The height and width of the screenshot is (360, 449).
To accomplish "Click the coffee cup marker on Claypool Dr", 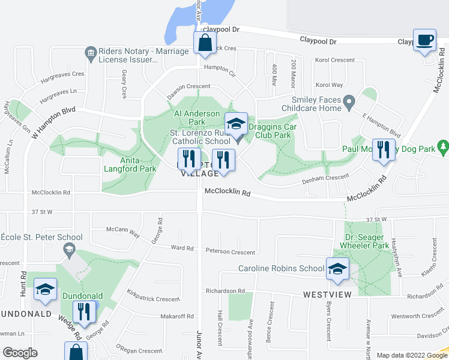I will (425, 40).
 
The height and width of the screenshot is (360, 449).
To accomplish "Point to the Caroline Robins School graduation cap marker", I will (337, 269).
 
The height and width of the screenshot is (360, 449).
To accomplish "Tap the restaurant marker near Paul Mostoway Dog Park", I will (384, 149).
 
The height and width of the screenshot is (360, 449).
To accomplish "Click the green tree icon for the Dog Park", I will (443, 146).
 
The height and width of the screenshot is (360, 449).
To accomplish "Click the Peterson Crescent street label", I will (231, 251).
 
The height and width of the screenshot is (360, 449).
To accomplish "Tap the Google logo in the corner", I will (20, 353).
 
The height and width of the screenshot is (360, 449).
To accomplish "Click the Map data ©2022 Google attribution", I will (411, 355).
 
